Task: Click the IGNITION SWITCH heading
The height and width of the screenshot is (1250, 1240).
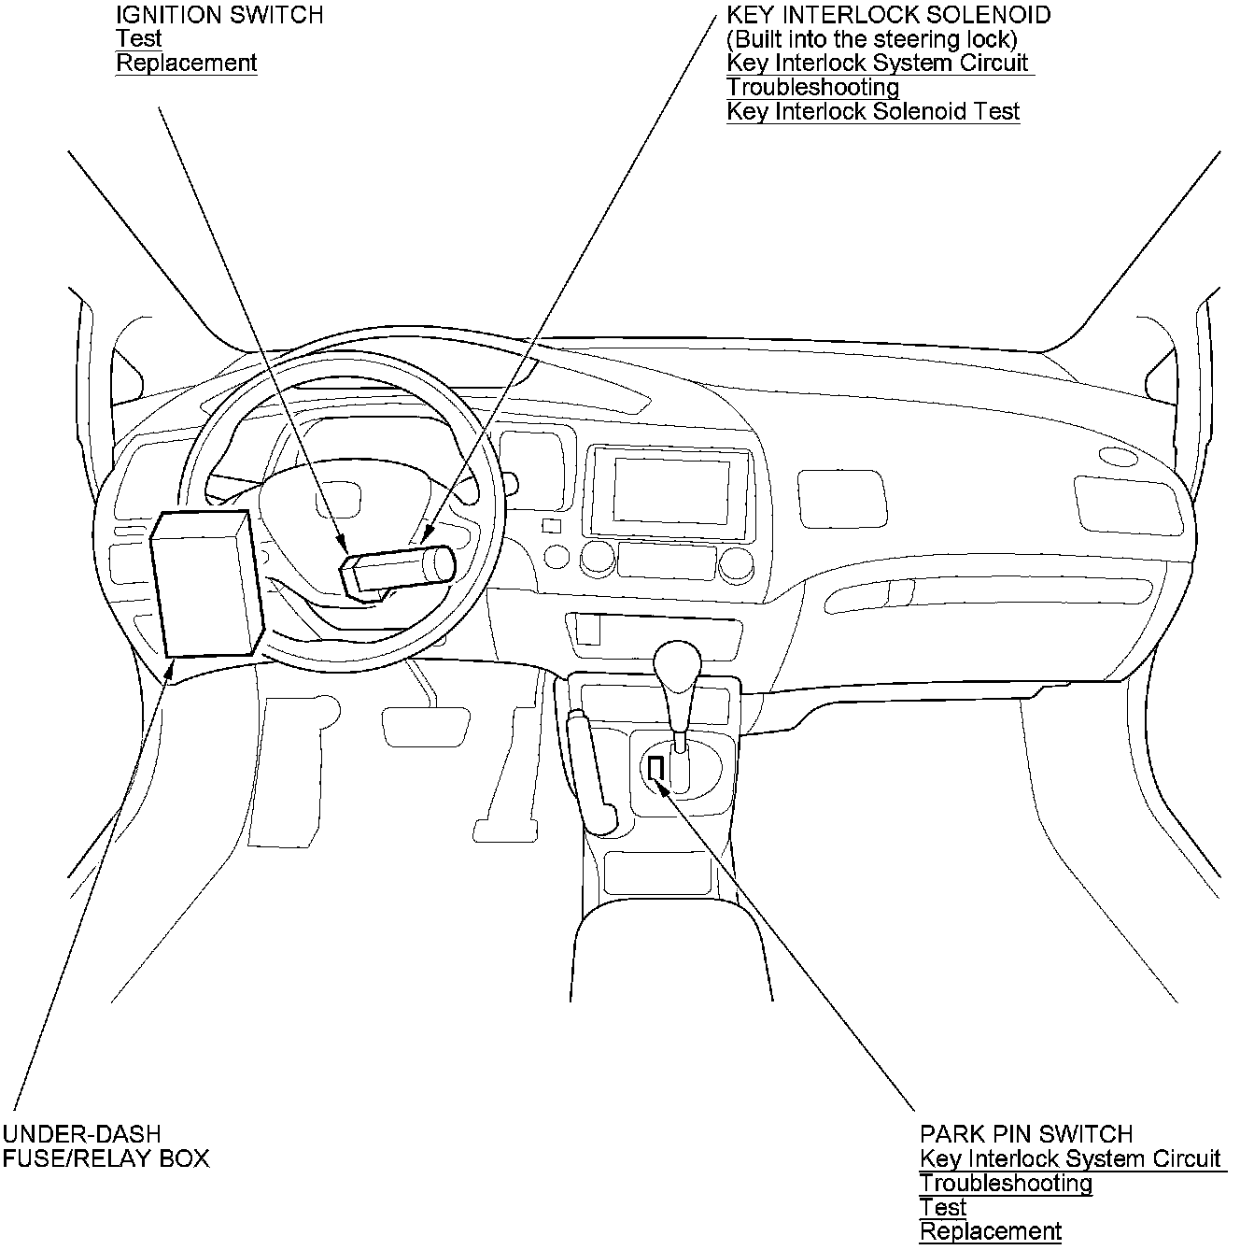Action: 219,15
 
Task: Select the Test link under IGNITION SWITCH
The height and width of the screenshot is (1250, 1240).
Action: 138,39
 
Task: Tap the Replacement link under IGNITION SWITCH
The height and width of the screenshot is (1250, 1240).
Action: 186,64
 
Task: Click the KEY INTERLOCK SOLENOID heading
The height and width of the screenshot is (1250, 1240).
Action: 888,15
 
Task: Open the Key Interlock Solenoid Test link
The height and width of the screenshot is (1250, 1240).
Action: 873,112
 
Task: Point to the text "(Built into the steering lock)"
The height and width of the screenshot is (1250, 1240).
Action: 871,39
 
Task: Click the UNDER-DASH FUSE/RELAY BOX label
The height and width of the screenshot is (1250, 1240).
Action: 105,1146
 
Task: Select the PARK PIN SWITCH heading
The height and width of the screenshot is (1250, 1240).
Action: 1025,1134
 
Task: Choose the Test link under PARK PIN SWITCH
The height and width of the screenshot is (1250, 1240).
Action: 942,1207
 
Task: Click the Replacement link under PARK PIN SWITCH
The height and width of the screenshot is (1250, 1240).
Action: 990,1231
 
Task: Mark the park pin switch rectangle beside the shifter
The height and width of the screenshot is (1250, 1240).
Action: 655,768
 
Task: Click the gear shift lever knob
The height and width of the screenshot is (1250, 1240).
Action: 676,663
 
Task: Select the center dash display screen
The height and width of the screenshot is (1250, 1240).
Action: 670,491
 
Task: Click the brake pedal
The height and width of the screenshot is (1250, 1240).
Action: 425,726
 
